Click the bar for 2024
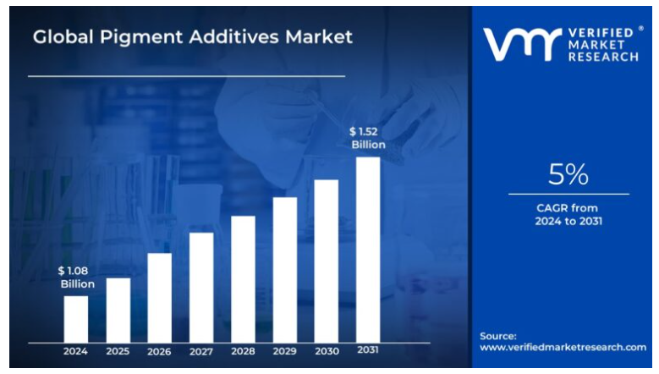[76, 319]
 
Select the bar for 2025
[118, 310]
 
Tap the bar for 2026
[160, 298]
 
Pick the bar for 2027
[201, 288]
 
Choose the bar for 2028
[243, 279]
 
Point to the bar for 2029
[285, 270]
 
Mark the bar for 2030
[327, 261]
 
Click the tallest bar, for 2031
[368, 250]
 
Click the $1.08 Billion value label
[76, 278]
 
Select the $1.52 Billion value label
[368, 138]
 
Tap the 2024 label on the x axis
[76, 351]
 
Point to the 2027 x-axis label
[201, 351]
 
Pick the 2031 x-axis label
[368, 350]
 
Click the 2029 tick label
[285, 351]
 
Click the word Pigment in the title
[128, 38]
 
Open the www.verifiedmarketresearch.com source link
[563, 347]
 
